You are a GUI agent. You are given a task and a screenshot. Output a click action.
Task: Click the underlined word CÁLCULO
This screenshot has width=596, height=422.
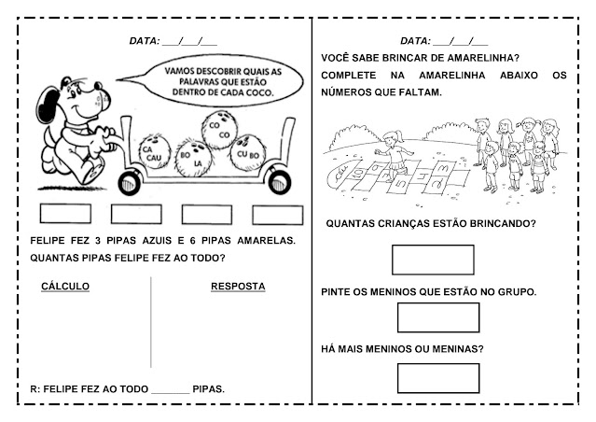point(65,286)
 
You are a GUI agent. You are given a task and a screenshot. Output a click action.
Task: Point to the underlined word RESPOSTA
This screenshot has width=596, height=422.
point(237,286)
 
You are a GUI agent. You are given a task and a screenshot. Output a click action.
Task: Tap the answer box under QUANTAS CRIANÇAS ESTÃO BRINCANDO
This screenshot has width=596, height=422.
point(433,259)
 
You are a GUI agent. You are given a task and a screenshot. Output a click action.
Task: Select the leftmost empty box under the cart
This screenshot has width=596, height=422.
point(64,214)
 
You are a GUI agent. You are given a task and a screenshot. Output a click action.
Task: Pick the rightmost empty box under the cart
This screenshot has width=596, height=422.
point(277,214)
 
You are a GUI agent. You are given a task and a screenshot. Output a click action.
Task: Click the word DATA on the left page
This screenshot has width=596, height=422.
point(144,41)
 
